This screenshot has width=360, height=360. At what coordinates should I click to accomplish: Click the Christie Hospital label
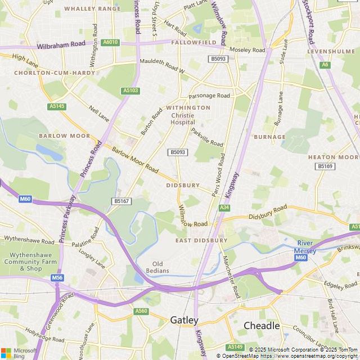183,119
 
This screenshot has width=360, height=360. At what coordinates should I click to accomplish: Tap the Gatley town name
184,320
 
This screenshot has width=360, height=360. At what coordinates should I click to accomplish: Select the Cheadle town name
262,326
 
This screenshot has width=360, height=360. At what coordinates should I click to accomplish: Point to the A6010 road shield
111,42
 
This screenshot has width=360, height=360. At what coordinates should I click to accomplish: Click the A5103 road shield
130,91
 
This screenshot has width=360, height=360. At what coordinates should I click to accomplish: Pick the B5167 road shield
121,201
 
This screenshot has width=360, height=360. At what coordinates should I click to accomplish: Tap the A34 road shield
224,208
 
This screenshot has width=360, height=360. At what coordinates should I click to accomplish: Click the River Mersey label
307,246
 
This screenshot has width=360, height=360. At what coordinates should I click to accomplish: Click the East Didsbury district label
201,240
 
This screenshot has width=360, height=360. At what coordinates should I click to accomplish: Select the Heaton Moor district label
333,157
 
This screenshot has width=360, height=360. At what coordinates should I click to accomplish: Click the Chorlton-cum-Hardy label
44,73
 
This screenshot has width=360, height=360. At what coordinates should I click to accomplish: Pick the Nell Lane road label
98,112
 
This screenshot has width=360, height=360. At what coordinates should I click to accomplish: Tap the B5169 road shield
325,166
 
